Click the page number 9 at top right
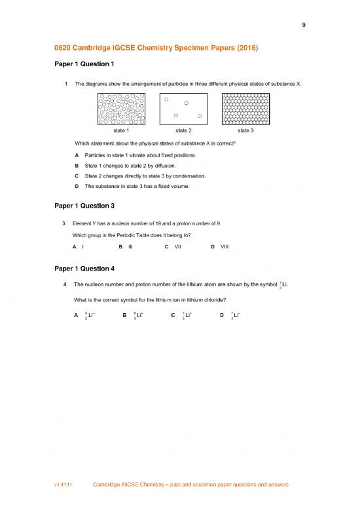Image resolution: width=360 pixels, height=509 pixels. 304,26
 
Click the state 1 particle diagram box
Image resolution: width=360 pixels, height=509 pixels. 121,108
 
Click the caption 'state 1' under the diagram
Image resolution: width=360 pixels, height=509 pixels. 121,130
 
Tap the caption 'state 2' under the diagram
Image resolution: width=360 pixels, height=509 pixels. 183,130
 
